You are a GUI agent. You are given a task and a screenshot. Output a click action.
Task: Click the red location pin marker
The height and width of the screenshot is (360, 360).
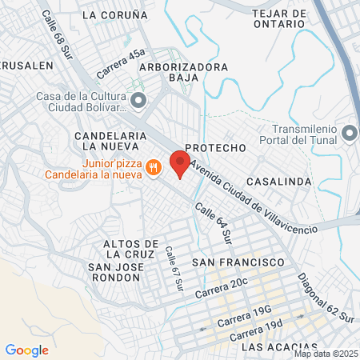(x=180, y=163)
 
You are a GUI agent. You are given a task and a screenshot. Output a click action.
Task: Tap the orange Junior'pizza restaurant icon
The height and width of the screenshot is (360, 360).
(x=154, y=167)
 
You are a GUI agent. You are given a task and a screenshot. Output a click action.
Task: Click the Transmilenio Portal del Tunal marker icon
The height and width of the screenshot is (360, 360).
(x=349, y=132)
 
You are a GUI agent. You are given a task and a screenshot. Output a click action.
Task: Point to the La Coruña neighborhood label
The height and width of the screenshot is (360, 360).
(x=115, y=14)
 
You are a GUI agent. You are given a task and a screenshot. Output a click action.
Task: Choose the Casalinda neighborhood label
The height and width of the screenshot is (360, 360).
(x=279, y=182)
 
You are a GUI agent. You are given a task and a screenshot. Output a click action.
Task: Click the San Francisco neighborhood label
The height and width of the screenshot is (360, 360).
(x=238, y=262)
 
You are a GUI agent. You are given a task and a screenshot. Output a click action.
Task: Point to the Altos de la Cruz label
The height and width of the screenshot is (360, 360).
(x=134, y=249)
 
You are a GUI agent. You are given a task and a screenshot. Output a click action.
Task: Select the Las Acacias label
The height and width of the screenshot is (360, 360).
(x=274, y=347)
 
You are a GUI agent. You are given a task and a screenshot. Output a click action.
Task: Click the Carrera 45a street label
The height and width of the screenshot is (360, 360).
(x=121, y=63)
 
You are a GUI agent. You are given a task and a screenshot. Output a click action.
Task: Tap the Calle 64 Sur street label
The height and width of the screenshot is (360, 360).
(x=214, y=223)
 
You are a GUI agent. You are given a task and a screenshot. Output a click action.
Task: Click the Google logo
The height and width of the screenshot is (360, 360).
(x=26, y=350)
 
